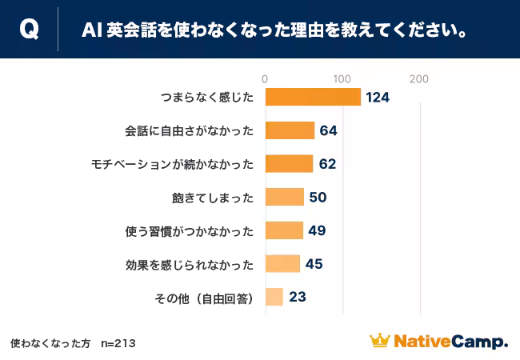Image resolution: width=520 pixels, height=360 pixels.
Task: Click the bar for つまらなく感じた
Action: [312, 97]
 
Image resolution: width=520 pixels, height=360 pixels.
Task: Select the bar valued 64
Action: [289, 130]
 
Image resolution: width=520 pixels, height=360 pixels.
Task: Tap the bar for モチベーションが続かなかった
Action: [288, 164]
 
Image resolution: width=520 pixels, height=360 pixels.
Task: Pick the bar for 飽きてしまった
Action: [284, 197]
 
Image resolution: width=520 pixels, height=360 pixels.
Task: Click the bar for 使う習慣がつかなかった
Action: [283, 230]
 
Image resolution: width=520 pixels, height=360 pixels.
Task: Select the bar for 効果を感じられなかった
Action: [282, 264]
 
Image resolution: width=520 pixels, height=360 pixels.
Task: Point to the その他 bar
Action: [274, 298]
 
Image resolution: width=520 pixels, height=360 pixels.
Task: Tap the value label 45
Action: [314, 264]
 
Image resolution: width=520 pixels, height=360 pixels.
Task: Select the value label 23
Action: [297, 298]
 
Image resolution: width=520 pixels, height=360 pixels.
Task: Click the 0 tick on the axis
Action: [265, 78]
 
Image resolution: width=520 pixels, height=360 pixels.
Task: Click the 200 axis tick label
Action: [418, 78]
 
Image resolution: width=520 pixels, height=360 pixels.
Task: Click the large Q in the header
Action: [29, 30]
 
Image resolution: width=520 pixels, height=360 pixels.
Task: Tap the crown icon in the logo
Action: [379, 341]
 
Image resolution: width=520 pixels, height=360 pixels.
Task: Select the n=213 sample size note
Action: [118, 343]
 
